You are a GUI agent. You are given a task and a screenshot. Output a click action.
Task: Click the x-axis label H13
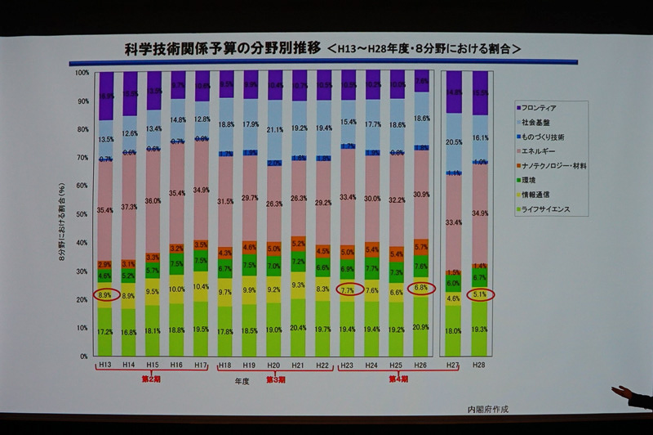[x=104, y=364]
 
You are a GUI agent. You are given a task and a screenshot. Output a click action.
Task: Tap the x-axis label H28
[x=480, y=364]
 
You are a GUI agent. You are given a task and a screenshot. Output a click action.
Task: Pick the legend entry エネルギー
[x=541, y=151]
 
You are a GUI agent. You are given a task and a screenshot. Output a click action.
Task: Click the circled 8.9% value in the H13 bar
[x=104, y=295]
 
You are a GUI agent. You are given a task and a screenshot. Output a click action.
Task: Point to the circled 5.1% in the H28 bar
[x=480, y=295]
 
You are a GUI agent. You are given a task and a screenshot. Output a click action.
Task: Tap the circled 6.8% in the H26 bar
[x=421, y=288]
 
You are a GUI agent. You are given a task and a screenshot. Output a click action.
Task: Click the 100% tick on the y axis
[x=82, y=73]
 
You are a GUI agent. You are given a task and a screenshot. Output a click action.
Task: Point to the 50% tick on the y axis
[x=83, y=214]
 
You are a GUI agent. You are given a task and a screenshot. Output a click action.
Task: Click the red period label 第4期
[x=398, y=379]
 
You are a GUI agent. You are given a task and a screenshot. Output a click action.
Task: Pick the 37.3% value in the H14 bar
[x=129, y=208]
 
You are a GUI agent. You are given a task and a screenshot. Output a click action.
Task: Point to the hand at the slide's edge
[x=633, y=397]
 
